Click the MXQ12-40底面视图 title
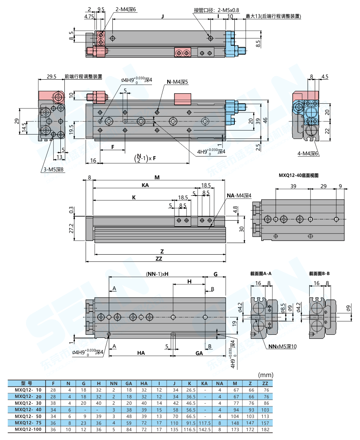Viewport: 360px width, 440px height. click(298, 175)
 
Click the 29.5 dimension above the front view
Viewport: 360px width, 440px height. click(51, 76)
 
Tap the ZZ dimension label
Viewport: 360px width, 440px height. click(159, 259)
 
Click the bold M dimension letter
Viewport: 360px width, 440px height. click(157, 177)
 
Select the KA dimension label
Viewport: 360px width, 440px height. click(145, 185)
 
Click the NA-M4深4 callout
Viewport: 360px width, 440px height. click(239, 195)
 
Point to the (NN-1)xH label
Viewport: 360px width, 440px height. click(157, 274)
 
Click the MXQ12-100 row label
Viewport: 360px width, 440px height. click(28, 430)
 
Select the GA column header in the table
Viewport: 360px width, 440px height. click(129, 384)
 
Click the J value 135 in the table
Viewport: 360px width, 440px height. click(174, 430)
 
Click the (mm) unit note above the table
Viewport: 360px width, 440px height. click(265, 375)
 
